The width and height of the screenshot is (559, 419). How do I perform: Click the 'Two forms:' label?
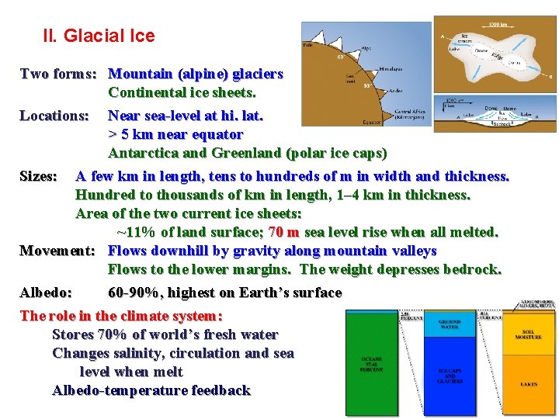point(58,74)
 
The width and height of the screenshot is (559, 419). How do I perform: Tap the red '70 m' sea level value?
point(284,232)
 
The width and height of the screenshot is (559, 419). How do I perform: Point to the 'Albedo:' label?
point(46,293)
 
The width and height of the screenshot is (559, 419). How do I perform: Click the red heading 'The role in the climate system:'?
point(121,316)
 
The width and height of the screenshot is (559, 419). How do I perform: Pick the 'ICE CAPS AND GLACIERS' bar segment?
point(450,376)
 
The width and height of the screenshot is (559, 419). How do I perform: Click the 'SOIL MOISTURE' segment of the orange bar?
point(529,334)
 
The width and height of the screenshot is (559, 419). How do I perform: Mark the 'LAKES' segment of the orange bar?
point(529,383)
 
